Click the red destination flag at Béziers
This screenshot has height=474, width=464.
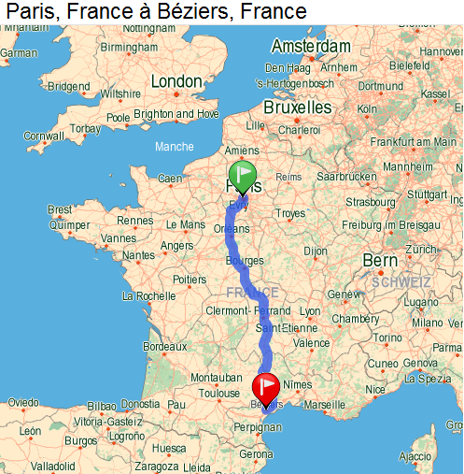point(267,385)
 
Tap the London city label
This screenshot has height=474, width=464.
point(176,82)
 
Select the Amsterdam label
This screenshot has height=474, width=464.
point(311,47)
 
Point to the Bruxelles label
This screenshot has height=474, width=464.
point(298,108)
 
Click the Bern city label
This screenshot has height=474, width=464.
point(380,260)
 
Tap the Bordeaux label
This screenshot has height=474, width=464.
point(165,346)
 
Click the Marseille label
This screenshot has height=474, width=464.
point(324,405)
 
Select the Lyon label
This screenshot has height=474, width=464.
point(310,311)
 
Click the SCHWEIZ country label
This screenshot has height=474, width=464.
point(401,281)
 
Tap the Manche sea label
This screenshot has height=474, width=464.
point(175,147)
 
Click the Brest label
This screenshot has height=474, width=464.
point(61,210)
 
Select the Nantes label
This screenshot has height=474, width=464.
point(139,255)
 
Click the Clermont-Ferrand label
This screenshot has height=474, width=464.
point(248,311)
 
